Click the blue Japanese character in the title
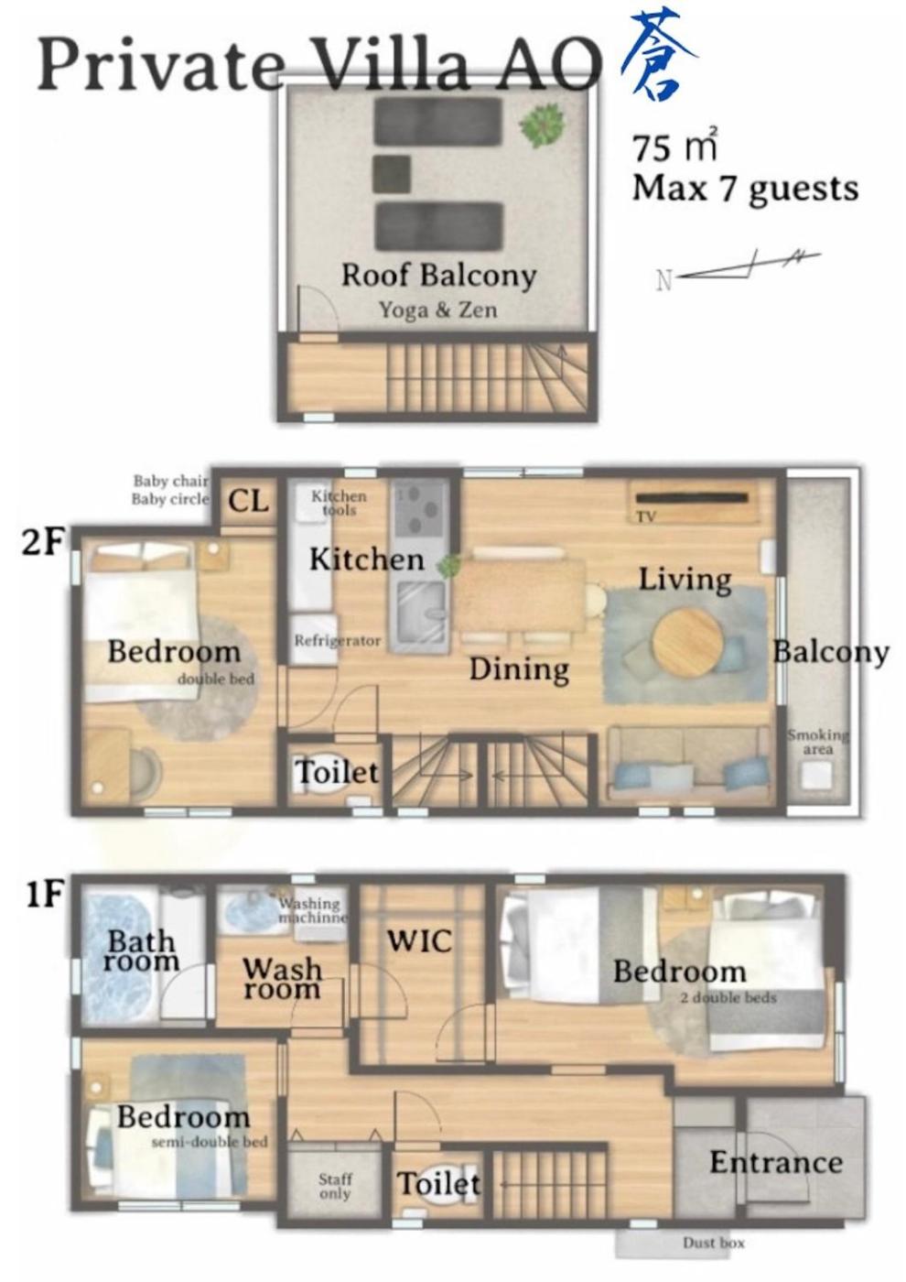tap(658, 54)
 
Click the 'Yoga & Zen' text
tap(438, 310)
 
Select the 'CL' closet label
tap(248, 502)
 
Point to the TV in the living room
tap(692, 497)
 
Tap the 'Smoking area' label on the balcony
tap(817, 742)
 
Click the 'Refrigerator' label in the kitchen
tap(338, 640)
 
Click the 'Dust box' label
tap(713, 1243)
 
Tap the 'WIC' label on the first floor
tap(419, 941)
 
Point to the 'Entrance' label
tap(776, 1163)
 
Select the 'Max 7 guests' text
tap(745, 189)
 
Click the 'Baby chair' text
tap(170, 481)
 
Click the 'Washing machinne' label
tap(312, 910)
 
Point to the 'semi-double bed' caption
tap(210, 1143)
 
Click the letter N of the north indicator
tap(663, 280)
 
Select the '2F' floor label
tap(41, 541)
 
